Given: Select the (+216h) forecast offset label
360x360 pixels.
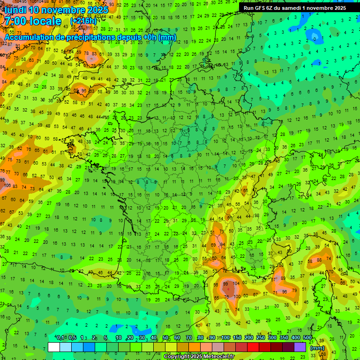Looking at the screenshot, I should point(83,21).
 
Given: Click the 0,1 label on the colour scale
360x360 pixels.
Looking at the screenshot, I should point(60,338).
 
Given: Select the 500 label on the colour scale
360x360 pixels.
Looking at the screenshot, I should point(307,338).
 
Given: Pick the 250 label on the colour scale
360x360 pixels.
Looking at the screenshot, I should point(261,338).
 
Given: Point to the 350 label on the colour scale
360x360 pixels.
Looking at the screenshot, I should point(284,338).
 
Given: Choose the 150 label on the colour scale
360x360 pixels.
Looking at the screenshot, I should point(237,338).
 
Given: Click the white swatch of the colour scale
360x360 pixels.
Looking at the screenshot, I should point(54,347).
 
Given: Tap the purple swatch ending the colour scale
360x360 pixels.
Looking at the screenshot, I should point(300,347).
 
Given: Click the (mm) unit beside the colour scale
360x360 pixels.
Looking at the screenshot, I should point(317,348).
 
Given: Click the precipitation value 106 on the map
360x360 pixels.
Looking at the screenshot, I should point(6,186).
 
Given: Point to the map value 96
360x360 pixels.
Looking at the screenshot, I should point(285,292).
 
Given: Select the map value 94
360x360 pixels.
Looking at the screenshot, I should point(223,244).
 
